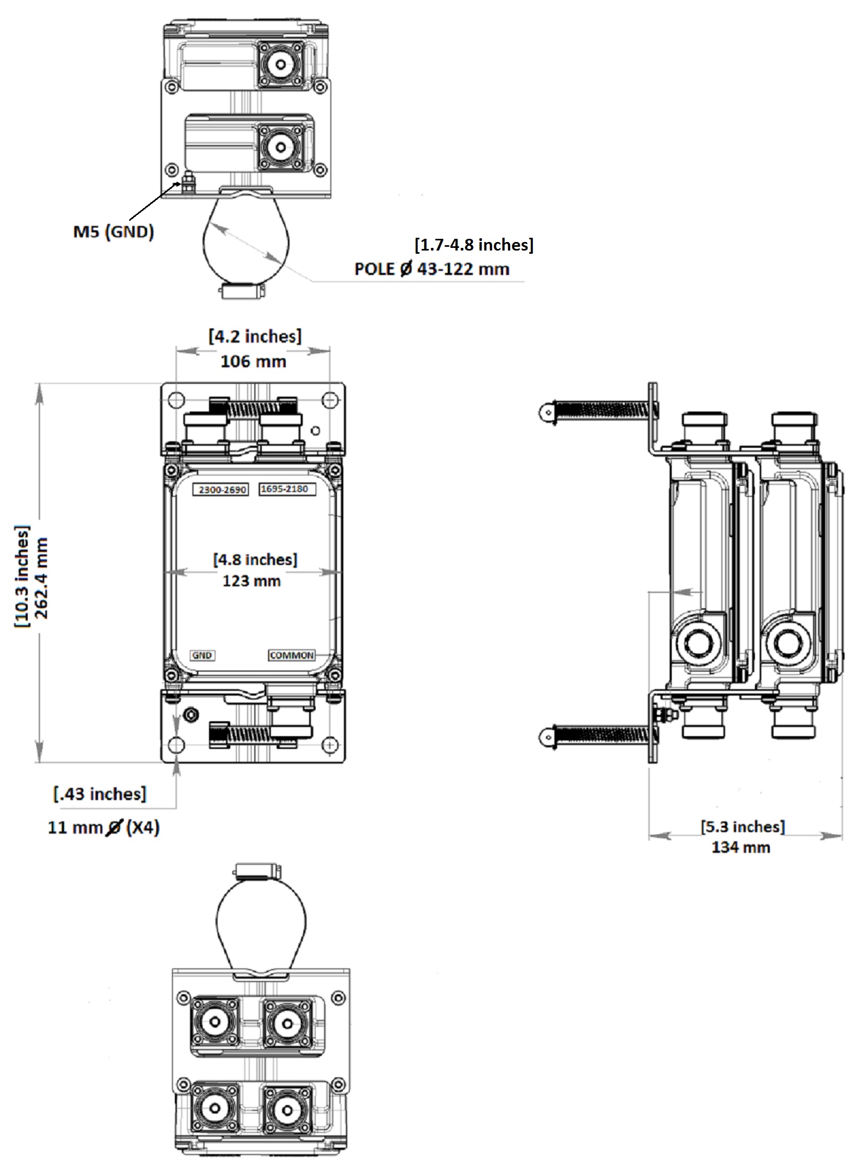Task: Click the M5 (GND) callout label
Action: pyautogui.click(x=114, y=232)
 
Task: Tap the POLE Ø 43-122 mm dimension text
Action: pyautogui.click(x=432, y=269)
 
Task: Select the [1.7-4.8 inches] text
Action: pyautogui.click(x=474, y=245)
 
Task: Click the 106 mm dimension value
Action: pyautogui.click(x=253, y=361)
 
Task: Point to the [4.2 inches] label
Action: pyautogui.click(x=255, y=337)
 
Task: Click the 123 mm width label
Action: pyautogui.click(x=252, y=581)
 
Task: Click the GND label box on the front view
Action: pyautogui.click(x=202, y=656)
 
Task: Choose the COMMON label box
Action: pyautogui.click(x=292, y=655)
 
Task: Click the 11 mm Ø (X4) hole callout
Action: pyautogui.click(x=104, y=827)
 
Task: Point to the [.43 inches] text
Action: pyautogui.click(x=100, y=794)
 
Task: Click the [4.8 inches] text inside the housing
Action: pyautogui.click(x=255, y=560)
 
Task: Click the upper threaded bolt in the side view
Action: pyautogui.click(x=602, y=411)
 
